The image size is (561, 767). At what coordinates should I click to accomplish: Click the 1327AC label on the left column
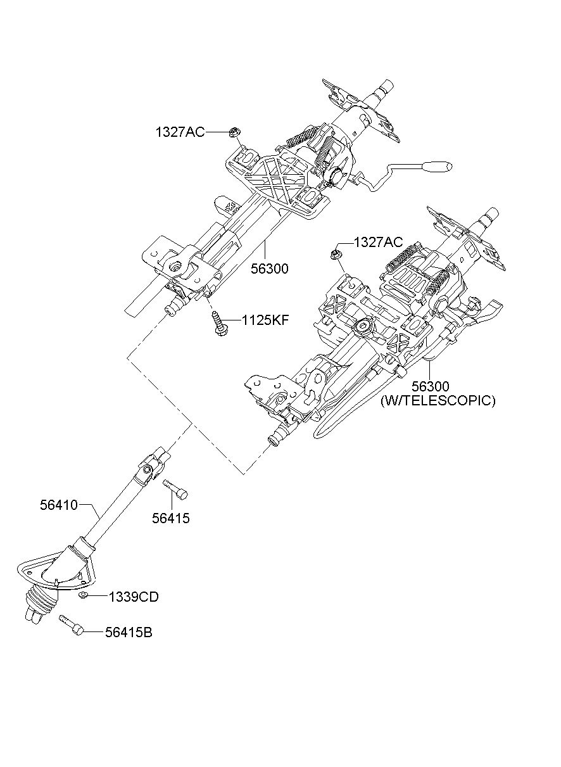pos(180,132)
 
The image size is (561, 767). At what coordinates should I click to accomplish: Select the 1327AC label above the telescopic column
pos(378,242)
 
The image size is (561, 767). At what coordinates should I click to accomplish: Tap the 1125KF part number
pos(265,320)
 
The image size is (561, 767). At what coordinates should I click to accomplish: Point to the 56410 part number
pos(59,505)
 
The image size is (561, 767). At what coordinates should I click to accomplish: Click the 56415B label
pos(129,632)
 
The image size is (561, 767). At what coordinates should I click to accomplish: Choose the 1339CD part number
pos(134,597)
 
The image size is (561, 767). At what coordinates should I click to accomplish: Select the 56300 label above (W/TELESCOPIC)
pos(431,386)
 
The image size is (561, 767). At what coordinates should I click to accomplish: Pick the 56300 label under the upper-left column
pos(270,269)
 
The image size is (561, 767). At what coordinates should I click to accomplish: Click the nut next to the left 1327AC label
pos(235,132)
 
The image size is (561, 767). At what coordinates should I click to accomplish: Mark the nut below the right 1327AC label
pos(334,254)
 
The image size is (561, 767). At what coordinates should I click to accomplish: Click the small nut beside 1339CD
pos(82,595)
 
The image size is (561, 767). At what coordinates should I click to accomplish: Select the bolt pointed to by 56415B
pos(71,625)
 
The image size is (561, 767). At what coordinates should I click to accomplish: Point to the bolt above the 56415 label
pos(175,490)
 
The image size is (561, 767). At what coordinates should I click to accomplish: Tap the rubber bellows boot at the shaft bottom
pos(42,600)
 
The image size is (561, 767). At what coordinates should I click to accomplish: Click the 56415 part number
pos(171,518)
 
